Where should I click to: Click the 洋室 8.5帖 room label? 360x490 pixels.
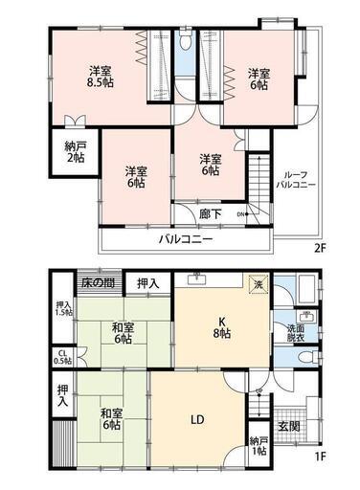click(101, 77)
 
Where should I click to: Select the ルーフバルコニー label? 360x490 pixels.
click(296, 180)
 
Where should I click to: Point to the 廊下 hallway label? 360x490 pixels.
click(211, 214)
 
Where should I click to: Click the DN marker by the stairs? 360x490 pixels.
click(240, 214)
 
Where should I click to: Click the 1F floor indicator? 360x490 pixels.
click(320, 457)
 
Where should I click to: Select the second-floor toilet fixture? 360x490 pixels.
click(185, 39)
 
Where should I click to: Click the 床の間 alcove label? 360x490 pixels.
click(99, 282)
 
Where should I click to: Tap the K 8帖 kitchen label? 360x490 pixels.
click(222, 327)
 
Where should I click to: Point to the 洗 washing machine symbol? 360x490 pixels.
click(258, 284)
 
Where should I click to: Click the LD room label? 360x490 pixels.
click(197, 420)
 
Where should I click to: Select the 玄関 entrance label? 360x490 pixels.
click(289, 426)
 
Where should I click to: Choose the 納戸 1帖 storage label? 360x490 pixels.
click(259, 446)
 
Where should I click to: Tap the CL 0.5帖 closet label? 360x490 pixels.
click(62, 357)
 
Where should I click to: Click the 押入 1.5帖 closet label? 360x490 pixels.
click(63, 308)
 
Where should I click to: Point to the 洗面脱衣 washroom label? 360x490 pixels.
click(296, 333)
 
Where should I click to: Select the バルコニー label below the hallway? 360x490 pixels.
click(186, 239)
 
